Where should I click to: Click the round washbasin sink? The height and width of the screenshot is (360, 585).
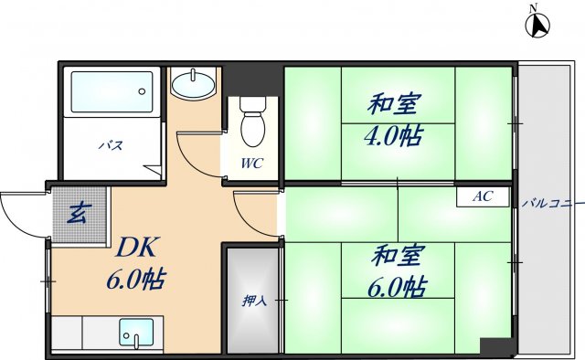click(193, 85)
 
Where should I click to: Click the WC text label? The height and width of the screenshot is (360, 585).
click(252, 164)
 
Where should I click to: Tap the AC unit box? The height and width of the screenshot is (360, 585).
click(483, 196)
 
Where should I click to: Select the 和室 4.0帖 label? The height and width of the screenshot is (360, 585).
click(395, 121)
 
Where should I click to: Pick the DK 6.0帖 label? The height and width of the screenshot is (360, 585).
click(137, 263)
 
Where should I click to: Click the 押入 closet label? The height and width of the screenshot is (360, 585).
click(253, 300)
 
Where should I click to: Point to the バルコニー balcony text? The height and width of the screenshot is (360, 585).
click(551, 203)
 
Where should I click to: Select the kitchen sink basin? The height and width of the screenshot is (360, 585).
click(137, 331)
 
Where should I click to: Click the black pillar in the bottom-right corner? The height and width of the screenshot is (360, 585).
click(497, 347)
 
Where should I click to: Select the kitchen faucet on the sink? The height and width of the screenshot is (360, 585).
click(136, 342)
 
